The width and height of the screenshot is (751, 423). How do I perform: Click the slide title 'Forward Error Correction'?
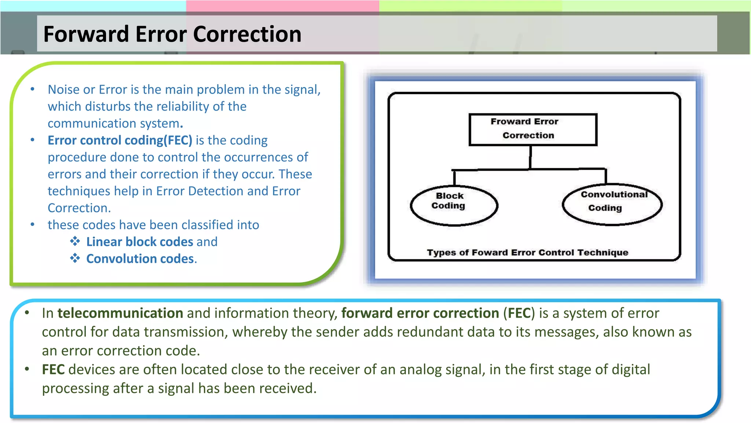[172, 34]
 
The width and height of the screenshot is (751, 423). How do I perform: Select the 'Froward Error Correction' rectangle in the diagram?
[533, 130]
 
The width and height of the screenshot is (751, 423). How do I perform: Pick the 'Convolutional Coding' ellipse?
[612, 205]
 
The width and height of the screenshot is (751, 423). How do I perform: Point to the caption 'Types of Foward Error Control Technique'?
[527, 253]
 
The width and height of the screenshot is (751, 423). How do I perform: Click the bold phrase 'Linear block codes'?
[139, 242]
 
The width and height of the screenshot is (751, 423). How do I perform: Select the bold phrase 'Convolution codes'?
[140, 259]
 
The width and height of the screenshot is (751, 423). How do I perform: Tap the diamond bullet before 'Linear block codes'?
[75, 241]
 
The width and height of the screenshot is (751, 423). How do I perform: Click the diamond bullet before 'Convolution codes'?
[75, 258]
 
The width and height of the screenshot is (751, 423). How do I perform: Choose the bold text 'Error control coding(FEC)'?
[120, 140]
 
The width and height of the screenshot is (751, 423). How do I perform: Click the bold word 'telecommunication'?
[120, 313]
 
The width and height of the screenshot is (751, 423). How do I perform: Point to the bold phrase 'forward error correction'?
[420, 313]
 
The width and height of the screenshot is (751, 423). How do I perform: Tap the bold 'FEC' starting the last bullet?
[53, 370]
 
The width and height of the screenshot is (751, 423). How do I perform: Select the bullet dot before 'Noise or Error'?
[33, 89]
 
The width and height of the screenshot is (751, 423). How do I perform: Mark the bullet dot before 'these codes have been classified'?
[33, 224]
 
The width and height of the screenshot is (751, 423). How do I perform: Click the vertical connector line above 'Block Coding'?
[454, 178]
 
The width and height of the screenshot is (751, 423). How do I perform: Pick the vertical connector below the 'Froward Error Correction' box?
[530, 157]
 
